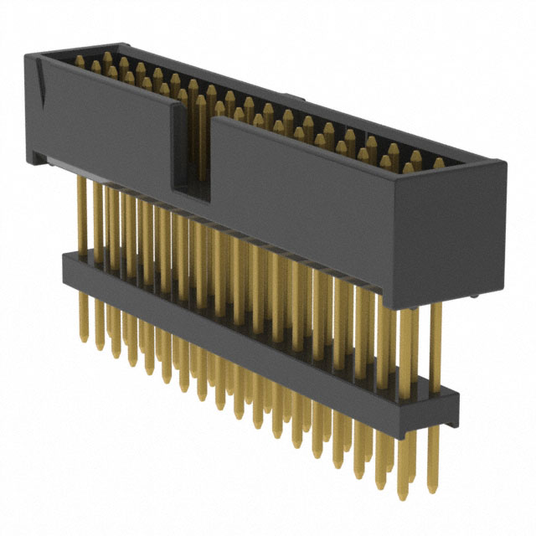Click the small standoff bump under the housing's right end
pos(474,296)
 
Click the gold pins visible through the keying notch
pos(201,134)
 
